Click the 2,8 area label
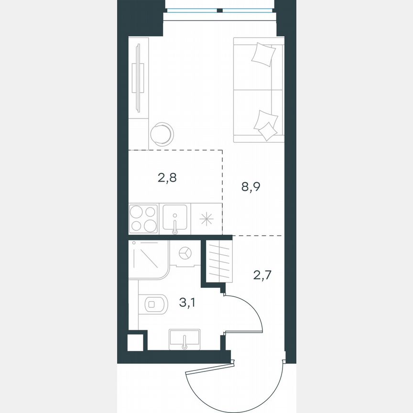point(167,179)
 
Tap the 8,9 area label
point(251,187)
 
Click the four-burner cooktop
point(143,218)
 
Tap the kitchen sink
point(175,218)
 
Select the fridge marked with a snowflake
point(206,219)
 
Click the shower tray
point(148,260)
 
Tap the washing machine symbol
point(185,252)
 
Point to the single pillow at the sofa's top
point(263,54)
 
